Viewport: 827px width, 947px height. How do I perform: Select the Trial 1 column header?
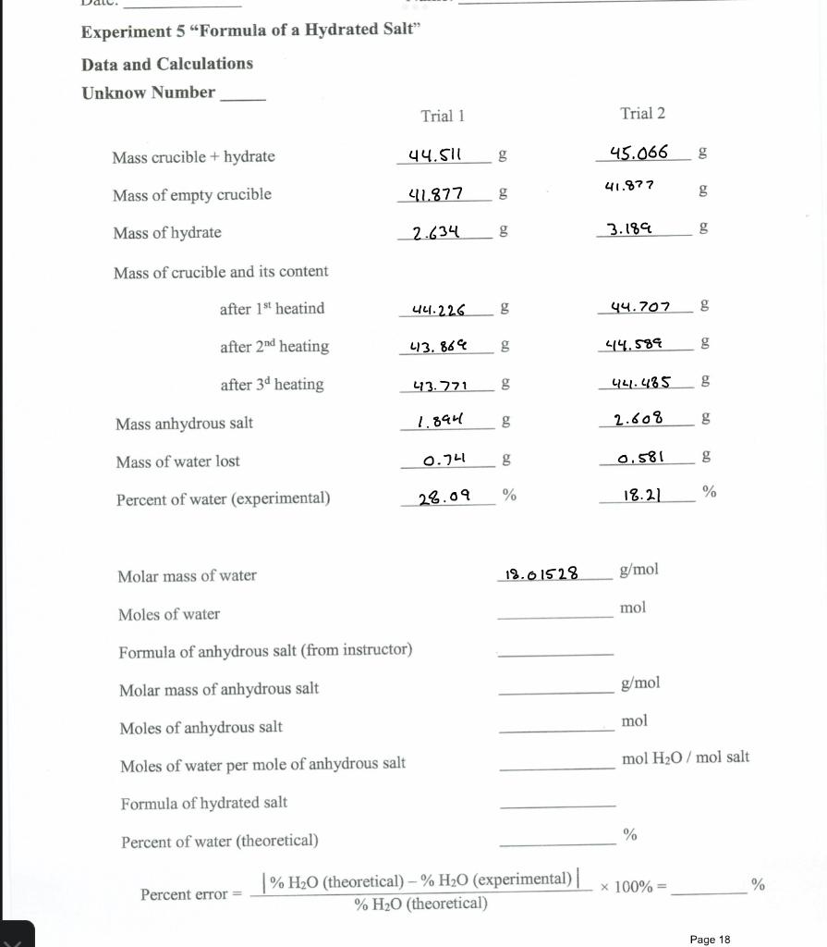(442, 116)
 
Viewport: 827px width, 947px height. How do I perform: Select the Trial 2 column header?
(642, 114)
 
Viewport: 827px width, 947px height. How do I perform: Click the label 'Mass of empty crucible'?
(192, 194)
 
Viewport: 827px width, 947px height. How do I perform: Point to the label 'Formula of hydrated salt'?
(203, 803)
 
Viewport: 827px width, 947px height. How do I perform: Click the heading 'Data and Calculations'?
(167, 64)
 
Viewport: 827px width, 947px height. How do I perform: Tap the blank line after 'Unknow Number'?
(242, 96)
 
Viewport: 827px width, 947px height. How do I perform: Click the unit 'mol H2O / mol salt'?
(686, 758)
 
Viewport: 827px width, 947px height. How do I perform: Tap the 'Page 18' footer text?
(710, 940)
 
